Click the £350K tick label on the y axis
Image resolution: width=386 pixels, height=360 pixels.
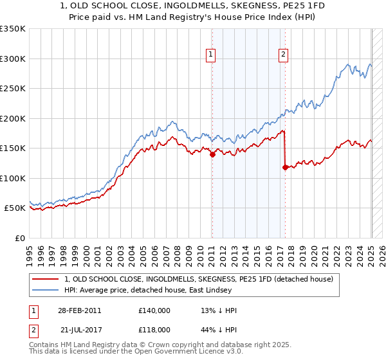click(12, 29)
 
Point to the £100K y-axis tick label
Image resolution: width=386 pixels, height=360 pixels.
click(12, 178)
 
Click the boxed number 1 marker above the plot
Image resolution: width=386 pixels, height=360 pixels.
click(212, 55)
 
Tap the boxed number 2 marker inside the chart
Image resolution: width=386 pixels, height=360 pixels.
click(283, 55)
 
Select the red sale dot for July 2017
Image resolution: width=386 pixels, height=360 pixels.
click(284, 167)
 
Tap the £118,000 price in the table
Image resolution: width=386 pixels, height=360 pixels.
click(154, 328)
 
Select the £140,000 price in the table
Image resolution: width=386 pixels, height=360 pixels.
click(154, 310)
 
